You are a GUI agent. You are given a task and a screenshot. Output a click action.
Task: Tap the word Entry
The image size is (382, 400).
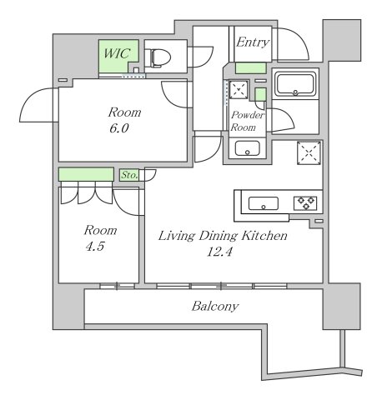[x=251, y=42]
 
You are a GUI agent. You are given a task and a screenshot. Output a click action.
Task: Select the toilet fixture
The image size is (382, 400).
[x=158, y=57]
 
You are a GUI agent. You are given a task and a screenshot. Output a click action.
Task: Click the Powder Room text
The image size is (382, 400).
[x=248, y=122]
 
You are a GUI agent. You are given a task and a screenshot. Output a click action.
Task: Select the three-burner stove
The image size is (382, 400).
[x=303, y=202]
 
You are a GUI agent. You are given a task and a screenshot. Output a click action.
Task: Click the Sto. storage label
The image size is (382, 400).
[x=128, y=175]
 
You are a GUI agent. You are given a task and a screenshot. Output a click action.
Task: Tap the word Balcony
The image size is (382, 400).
[x=215, y=307]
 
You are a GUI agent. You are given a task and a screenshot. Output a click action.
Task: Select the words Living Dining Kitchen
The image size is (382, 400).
[x=223, y=237]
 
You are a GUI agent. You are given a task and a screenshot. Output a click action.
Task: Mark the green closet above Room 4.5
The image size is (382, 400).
[x=86, y=174]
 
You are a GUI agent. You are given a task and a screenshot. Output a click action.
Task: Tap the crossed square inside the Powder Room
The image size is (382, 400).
[x=239, y=89]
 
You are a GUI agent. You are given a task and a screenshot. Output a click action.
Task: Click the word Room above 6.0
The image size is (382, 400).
[x=123, y=112]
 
